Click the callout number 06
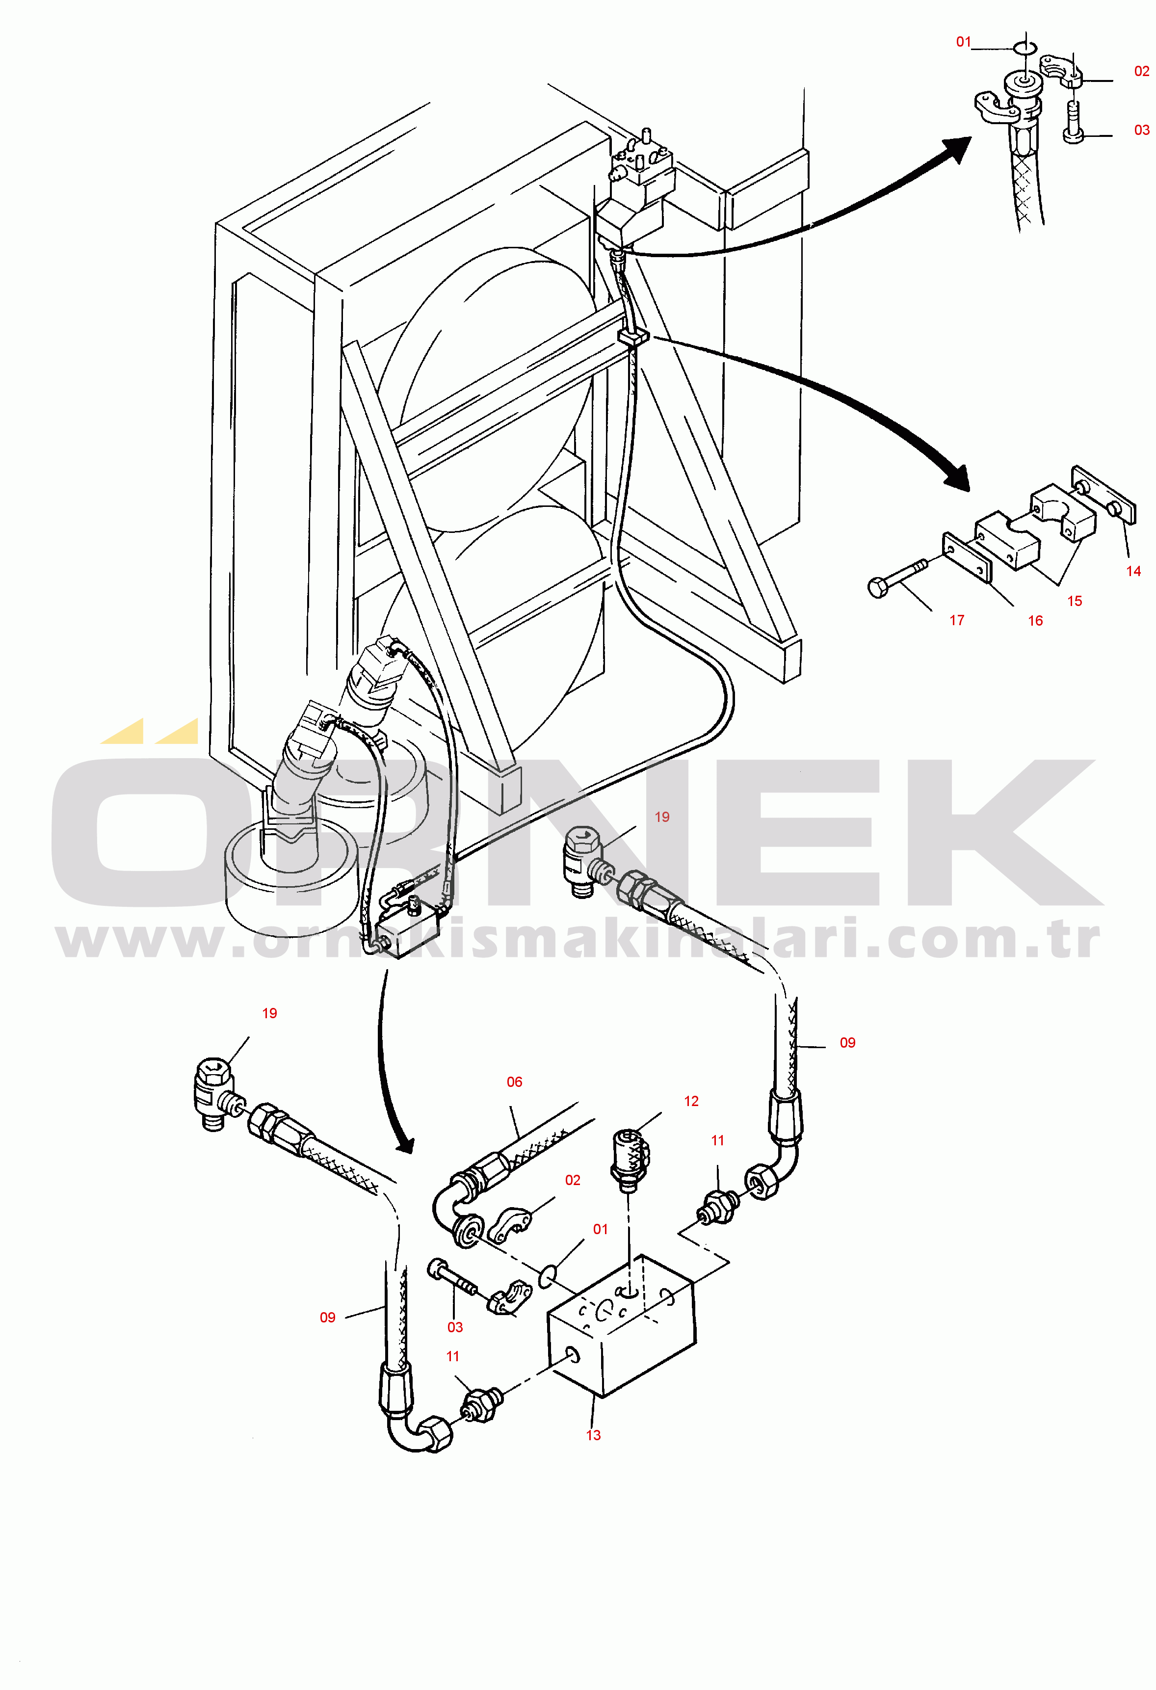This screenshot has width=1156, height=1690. (514, 1082)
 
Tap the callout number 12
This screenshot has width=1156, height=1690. (691, 1102)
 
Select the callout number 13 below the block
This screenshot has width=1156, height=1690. (593, 1435)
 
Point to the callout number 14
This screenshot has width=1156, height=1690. (1133, 572)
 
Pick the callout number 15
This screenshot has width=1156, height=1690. (1075, 602)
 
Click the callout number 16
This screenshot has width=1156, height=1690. (1035, 621)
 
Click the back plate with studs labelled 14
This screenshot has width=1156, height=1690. (1103, 495)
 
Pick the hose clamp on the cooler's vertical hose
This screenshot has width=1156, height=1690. (632, 337)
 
